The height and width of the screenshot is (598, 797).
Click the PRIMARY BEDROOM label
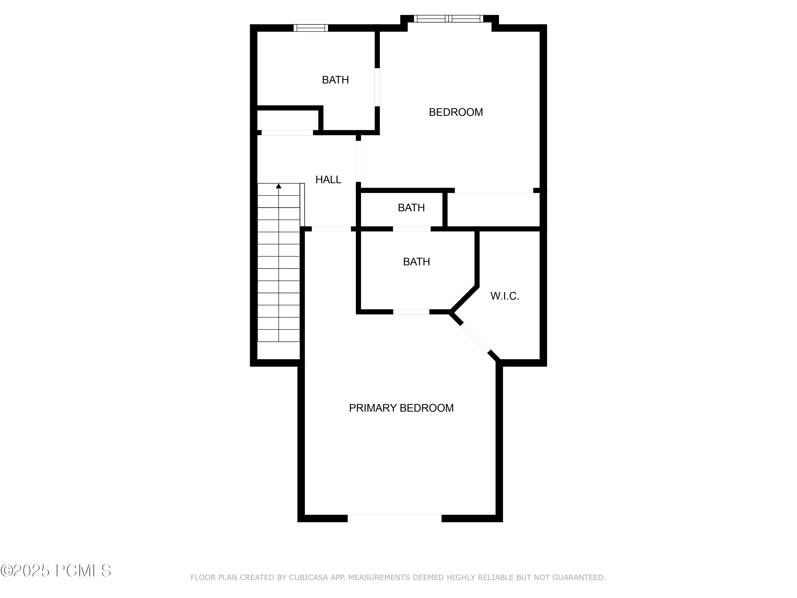pyautogui.click(x=401, y=408)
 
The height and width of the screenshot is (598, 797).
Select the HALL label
pyautogui.click(x=328, y=179)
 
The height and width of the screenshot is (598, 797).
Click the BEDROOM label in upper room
pyautogui.click(x=455, y=112)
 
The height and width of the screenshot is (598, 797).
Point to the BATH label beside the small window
pyautogui.click(x=335, y=80)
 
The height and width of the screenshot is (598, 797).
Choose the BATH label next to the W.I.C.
pyautogui.click(x=416, y=262)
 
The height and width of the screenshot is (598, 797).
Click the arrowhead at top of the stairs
pyautogui.click(x=278, y=186)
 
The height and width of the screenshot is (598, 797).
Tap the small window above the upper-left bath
pyautogui.click(x=311, y=28)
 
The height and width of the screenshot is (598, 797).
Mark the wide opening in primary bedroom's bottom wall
pyautogui.click(x=394, y=518)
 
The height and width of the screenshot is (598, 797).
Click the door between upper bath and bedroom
pyautogui.click(x=377, y=87)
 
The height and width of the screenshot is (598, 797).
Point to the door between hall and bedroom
pyautogui.click(x=358, y=161)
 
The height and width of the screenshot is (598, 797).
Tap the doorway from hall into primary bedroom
pyautogui.click(x=331, y=229)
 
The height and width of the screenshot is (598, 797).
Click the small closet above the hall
pyautogui.click(x=287, y=120)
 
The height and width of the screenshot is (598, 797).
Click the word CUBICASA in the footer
pyautogui.click(x=308, y=578)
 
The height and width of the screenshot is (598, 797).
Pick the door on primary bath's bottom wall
pyautogui.click(x=411, y=312)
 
